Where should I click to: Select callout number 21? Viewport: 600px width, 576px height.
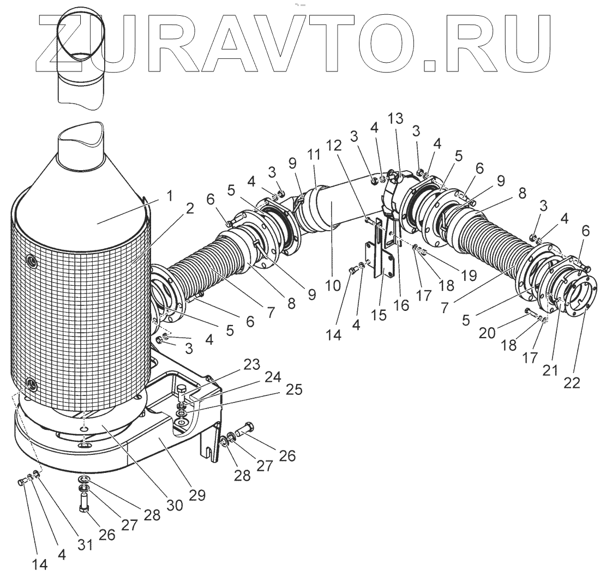tap(550, 371)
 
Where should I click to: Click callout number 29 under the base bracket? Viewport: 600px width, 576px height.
tap(197, 495)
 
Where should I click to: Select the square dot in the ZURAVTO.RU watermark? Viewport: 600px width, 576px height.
tap(431, 65)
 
